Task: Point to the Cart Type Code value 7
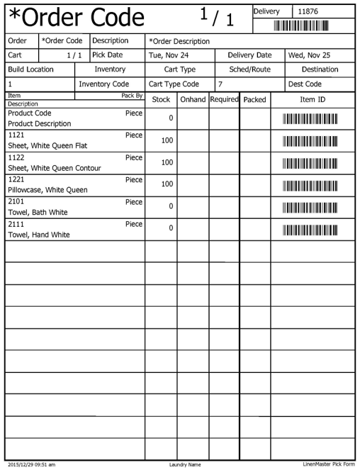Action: [221, 84]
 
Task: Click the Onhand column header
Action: [192, 100]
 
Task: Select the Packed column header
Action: [254, 100]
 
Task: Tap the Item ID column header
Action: [313, 100]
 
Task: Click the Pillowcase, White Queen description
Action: [47, 190]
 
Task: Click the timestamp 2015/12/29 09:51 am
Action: [31, 465]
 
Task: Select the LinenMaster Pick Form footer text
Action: [328, 465]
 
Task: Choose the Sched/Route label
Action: [249, 69]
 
